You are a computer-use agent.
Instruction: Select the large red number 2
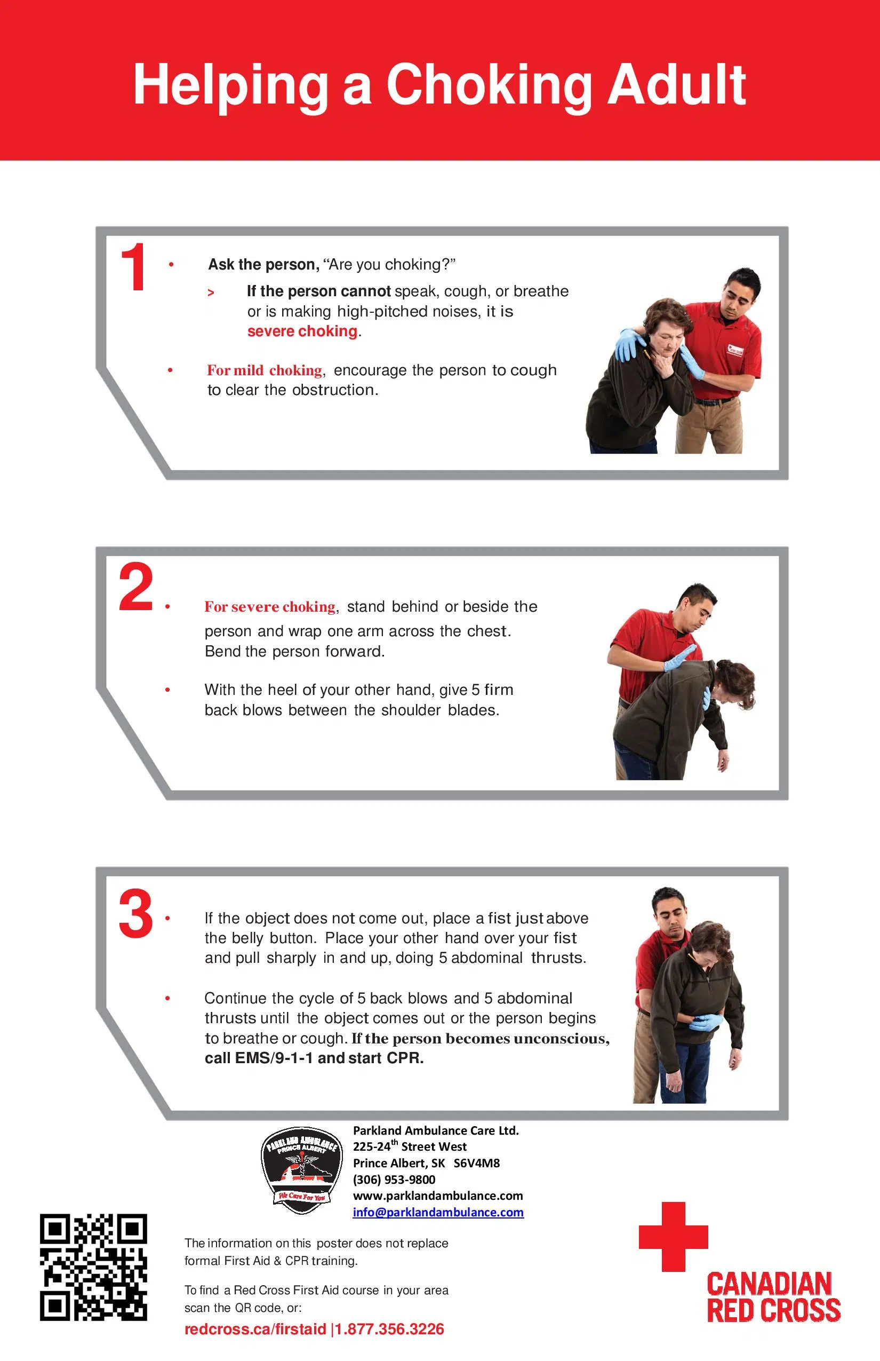136,587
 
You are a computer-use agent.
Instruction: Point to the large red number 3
136,914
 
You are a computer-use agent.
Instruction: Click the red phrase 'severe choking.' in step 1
303,331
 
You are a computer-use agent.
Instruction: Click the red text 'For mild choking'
265,370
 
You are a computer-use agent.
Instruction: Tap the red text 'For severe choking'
270,606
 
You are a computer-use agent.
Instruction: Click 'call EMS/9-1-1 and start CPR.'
314,1058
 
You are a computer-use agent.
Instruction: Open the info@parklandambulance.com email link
438,1212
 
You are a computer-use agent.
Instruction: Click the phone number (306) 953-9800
394,1179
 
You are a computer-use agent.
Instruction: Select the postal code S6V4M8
477,1162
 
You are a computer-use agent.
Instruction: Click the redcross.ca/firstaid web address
255,1329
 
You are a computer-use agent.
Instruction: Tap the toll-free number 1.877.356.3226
389,1329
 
